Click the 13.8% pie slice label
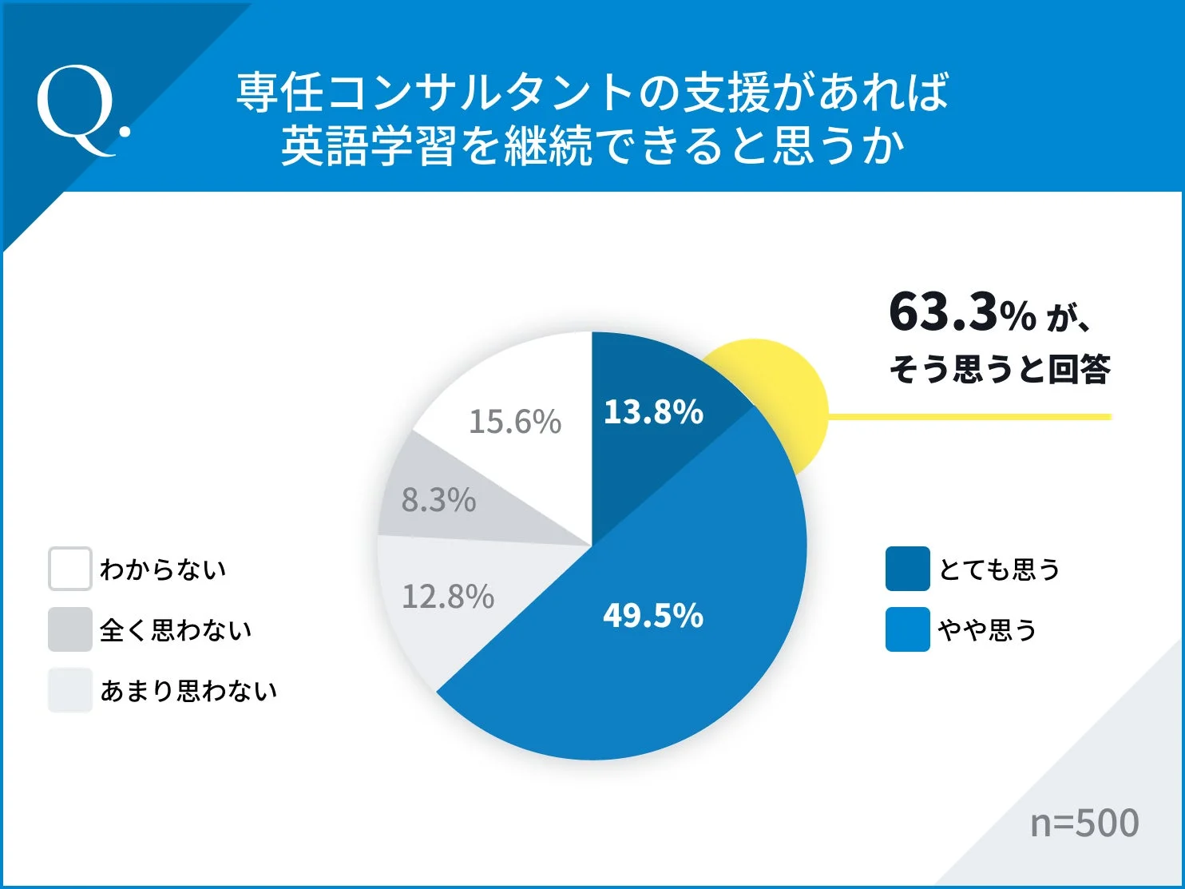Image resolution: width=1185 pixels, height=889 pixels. click(653, 412)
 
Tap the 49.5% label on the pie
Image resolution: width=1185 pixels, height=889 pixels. click(653, 616)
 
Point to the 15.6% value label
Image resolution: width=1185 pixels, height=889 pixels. click(515, 422)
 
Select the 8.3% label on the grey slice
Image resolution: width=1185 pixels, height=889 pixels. click(438, 500)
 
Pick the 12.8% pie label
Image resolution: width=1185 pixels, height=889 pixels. click(448, 597)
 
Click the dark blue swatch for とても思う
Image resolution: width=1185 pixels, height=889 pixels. click(907, 569)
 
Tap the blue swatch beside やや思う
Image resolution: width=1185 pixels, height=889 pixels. click(907, 629)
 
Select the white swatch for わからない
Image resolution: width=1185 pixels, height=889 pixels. click(70, 569)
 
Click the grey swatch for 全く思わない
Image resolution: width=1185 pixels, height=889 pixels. click(70, 629)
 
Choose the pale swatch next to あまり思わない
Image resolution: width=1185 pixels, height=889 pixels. click(70, 690)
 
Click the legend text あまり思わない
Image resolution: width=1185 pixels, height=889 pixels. click(188, 691)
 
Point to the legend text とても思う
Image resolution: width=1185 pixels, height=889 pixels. click(999, 570)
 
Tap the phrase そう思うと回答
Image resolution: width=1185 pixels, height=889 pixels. click(1000, 369)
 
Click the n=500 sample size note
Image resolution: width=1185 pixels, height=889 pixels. click(1084, 823)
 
